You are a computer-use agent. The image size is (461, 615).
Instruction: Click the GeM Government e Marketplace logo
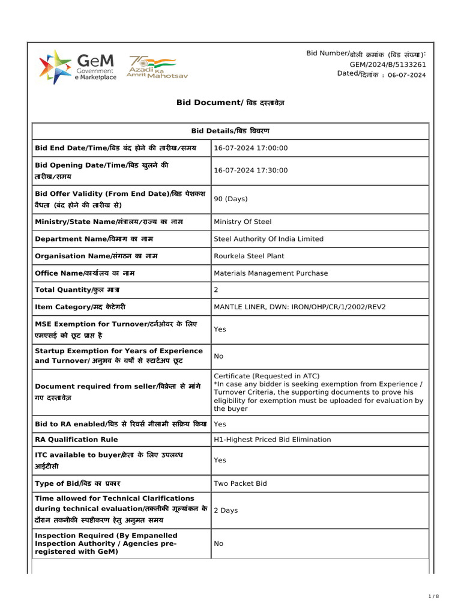click(x=78, y=67)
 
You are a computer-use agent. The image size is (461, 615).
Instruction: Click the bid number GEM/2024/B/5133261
click(x=388, y=64)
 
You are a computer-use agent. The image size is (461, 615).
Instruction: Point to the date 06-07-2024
click(x=406, y=75)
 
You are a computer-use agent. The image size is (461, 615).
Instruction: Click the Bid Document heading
click(x=230, y=103)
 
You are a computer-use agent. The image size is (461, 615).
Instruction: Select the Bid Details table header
click(x=230, y=131)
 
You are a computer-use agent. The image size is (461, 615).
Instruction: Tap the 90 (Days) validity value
click(x=230, y=199)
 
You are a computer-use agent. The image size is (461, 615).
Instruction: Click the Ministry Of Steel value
click(x=243, y=222)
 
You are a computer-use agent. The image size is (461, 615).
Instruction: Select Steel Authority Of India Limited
click(x=268, y=239)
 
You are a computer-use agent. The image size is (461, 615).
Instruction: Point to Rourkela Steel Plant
click(x=249, y=256)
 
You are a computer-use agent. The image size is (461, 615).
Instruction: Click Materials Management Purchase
click(x=271, y=273)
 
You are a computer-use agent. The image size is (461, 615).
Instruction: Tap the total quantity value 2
click(x=216, y=290)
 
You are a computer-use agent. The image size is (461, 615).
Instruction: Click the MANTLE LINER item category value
click(x=300, y=307)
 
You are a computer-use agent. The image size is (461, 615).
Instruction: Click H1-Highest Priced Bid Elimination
click(x=272, y=440)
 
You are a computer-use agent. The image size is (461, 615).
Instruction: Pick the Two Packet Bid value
click(x=240, y=483)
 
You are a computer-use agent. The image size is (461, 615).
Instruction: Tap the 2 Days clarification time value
click(x=226, y=510)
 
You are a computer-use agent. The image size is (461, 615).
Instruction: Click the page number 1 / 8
click(x=434, y=596)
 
